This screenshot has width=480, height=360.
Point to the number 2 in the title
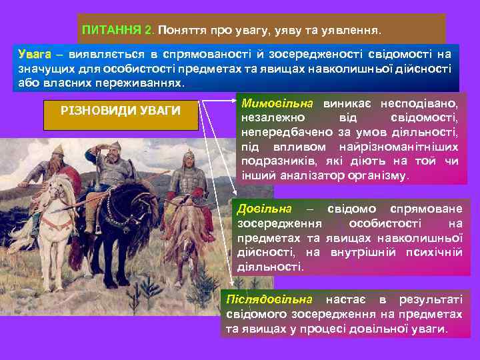[148, 31]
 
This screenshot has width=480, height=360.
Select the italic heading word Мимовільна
[277, 104]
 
